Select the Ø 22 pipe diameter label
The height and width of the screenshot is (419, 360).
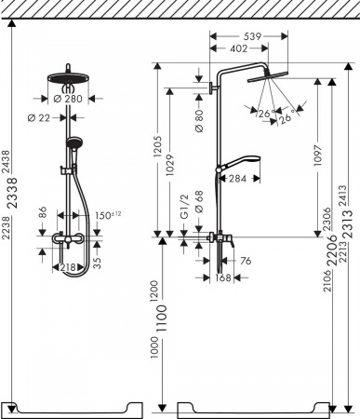39,117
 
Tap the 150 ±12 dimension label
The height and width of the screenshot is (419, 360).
109,217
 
